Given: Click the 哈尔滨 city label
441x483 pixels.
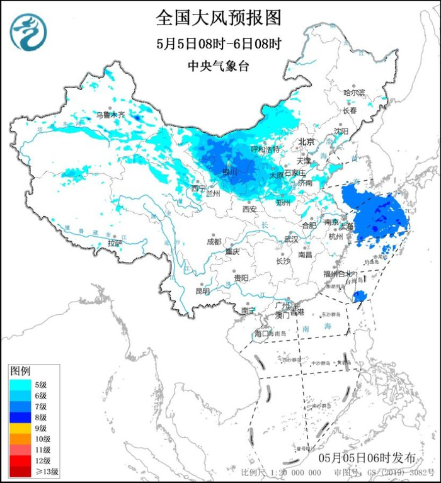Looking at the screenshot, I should [x=354, y=92].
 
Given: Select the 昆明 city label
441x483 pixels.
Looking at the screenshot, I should [x=202, y=291].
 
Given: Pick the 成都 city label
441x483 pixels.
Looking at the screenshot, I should [x=214, y=241].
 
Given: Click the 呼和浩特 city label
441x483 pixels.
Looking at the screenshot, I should [x=265, y=149].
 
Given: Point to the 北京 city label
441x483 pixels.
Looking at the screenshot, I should [x=306, y=142].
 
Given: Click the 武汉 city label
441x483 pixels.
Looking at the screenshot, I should [x=291, y=239].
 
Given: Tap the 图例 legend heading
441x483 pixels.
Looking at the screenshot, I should [x=21, y=371].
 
